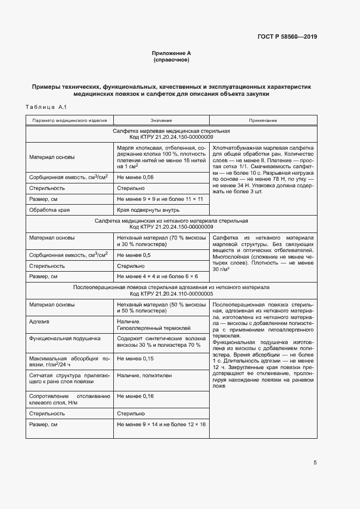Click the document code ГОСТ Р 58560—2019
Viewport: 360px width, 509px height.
[286, 37]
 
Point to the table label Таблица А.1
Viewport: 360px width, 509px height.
[45, 106]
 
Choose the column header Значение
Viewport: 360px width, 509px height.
[161, 120]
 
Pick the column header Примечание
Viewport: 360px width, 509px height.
[263, 120]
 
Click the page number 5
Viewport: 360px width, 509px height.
[315, 463]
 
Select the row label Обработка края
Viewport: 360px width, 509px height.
[49, 210]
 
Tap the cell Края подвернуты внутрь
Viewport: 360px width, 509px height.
[148, 210]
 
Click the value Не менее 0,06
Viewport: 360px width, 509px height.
[136, 177]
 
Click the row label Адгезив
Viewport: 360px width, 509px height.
[40, 322]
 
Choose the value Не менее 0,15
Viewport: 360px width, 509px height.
[136, 359]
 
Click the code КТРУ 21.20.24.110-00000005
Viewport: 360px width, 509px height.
[171, 293]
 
